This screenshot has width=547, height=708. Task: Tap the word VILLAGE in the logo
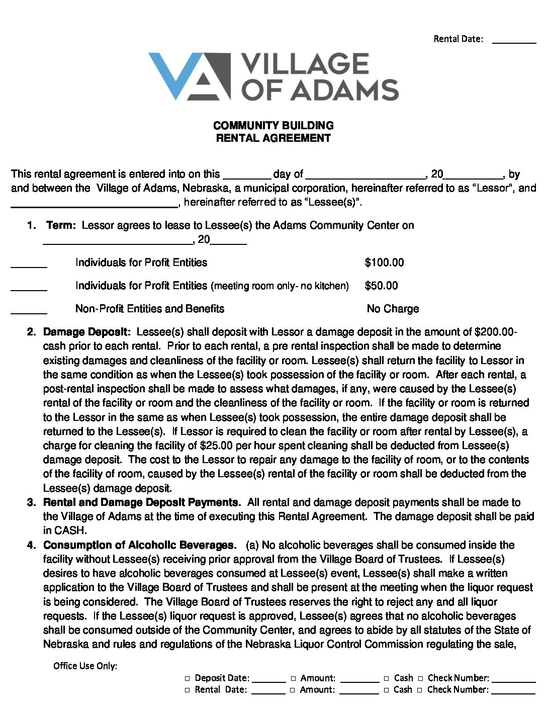pos(305,64)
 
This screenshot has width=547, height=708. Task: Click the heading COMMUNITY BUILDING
pos(273,126)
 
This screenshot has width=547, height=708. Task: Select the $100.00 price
pos(384,262)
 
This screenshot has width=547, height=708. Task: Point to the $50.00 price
pos(381,286)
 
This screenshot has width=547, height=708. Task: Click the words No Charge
pos(393,309)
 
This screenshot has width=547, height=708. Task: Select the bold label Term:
pos(61,225)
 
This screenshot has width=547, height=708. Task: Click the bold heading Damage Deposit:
pos(87,332)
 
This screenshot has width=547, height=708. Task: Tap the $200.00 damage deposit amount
pos(494,332)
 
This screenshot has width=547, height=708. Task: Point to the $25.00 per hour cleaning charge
pos(216,446)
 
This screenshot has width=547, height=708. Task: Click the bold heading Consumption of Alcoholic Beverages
pos(139,545)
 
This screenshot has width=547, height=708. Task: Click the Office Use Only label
pos(85,666)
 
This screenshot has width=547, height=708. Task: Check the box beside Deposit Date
pos(188,678)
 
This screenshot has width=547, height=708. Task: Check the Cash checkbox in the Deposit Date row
pos(387,678)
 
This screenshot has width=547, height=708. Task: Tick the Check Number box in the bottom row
pos(420,690)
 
